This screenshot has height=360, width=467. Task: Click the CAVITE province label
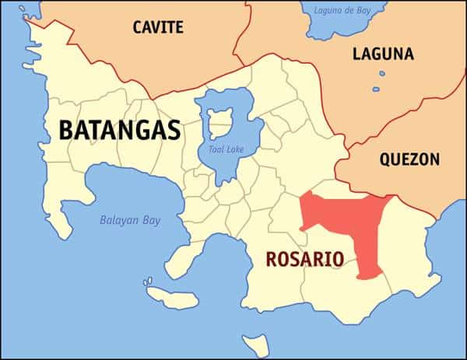(158, 27)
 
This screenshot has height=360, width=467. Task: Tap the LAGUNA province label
(383, 54)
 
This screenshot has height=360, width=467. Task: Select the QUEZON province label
(409, 159)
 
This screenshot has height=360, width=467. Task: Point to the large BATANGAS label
(120, 129)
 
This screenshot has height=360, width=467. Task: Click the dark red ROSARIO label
(305, 259)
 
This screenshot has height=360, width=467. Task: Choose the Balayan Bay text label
(130, 220)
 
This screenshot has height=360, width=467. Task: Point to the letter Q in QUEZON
(385, 159)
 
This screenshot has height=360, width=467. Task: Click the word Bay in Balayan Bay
(151, 220)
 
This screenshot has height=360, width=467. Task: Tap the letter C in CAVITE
(138, 27)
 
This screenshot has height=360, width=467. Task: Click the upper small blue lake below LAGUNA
(382, 75)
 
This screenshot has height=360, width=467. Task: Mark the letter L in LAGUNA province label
(356, 54)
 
